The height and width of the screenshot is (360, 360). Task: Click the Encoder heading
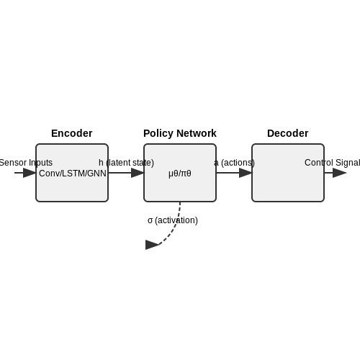tap(72, 133)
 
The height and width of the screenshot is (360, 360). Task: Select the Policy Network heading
tap(180, 133)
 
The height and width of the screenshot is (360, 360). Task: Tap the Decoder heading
tap(288, 133)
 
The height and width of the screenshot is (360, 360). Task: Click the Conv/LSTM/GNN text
tap(73, 174)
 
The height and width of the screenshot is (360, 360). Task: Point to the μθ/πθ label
tap(180, 174)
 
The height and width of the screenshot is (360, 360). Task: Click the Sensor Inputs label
tap(26, 163)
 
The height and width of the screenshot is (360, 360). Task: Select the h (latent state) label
tap(126, 163)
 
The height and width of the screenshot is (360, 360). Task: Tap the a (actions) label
tap(234, 163)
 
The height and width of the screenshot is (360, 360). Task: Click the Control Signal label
tap(332, 163)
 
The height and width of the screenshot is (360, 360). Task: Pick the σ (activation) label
tap(173, 220)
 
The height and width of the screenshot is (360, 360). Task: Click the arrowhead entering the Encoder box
tap(30, 173)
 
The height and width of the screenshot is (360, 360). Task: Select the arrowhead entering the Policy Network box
tap(138, 173)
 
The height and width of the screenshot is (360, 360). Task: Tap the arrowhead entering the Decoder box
tap(246, 173)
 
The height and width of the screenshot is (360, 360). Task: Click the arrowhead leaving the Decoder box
tap(340, 173)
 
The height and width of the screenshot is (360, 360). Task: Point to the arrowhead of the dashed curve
tap(152, 245)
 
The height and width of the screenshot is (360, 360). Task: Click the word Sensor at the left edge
tap(13, 163)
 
